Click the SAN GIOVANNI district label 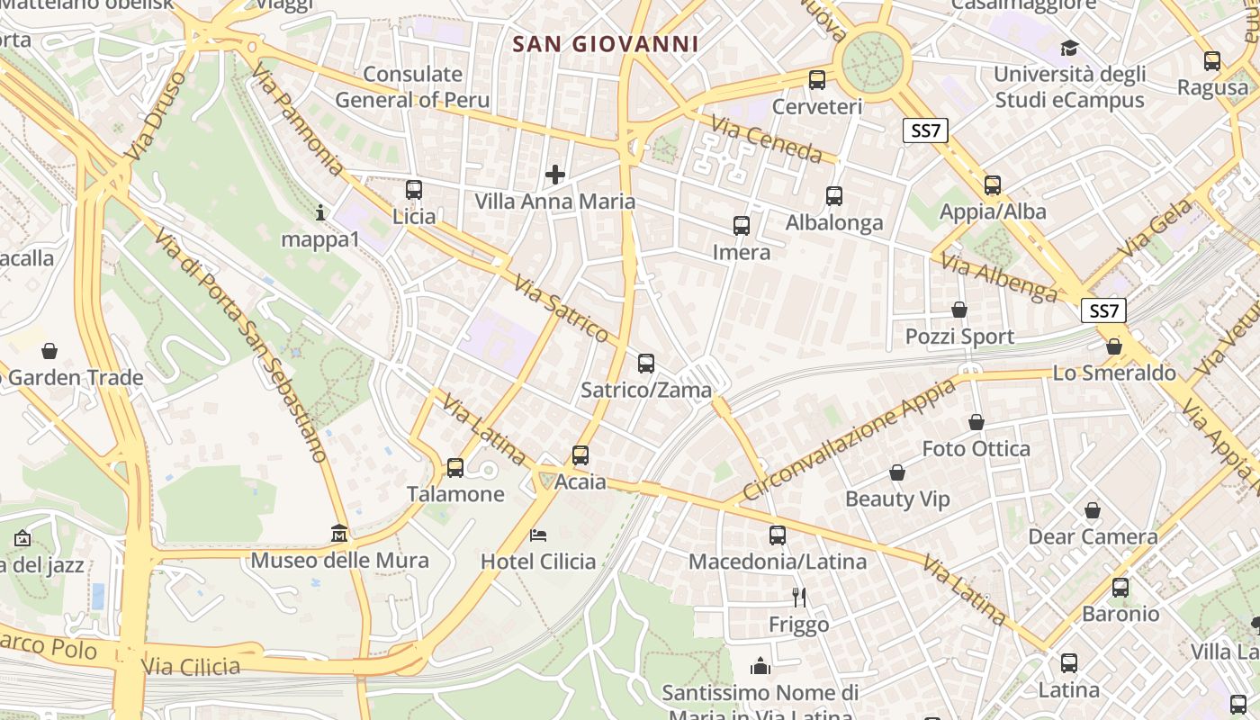click(x=605, y=43)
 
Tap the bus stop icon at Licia click(x=414, y=190)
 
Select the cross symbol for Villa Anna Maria click(x=555, y=174)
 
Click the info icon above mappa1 click(x=320, y=212)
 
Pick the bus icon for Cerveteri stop click(x=817, y=79)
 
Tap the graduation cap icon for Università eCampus click(x=1069, y=48)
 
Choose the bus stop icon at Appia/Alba click(x=993, y=184)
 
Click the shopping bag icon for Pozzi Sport click(x=959, y=310)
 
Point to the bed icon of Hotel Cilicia click(x=538, y=535)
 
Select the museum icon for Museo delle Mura click(x=339, y=533)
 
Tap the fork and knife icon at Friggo click(x=798, y=596)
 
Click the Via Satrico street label click(x=562, y=309)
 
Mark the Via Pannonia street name click(x=297, y=119)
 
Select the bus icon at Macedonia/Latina click(x=778, y=535)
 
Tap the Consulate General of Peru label click(x=413, y=86)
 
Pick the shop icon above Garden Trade click(x=49, y=350)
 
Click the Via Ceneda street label click(x=766, y=139)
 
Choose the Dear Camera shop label click(x=1093, y=537)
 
